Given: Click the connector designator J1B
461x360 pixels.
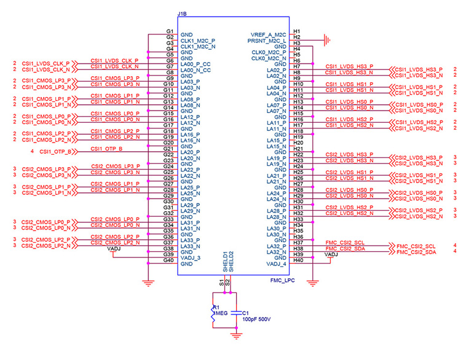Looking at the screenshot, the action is click(x=182, y=14).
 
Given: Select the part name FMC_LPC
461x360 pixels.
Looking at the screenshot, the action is click(x=282, y=281).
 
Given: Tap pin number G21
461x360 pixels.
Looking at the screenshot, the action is click(x=168, y=149).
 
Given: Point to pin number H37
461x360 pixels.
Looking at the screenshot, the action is click(x=298, y=243).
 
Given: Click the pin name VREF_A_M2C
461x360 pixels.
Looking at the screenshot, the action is click(x=268, y=34).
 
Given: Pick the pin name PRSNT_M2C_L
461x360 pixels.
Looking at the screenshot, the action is click(x=267, y=41).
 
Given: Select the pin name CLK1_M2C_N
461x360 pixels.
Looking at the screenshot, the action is click(x=198, y=47).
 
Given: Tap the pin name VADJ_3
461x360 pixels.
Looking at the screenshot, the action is click(x=190, y=258).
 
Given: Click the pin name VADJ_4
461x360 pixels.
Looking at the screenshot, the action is click(x=276, y=264).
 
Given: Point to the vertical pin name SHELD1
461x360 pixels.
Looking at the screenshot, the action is click(x=225, y=262).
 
